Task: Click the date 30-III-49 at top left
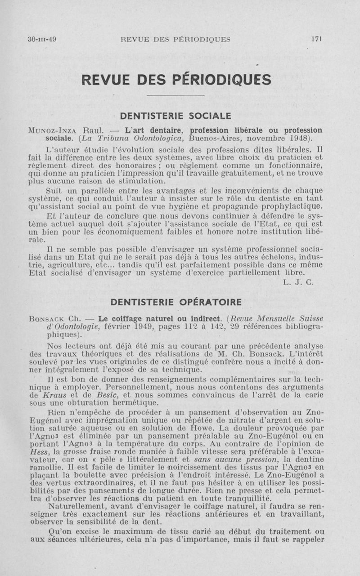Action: point(42,39)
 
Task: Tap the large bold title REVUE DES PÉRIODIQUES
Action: point(176,79)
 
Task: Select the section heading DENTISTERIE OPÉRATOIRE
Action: point(176,301)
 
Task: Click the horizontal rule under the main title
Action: point(176,95)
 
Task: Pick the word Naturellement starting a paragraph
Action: point(70,508)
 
